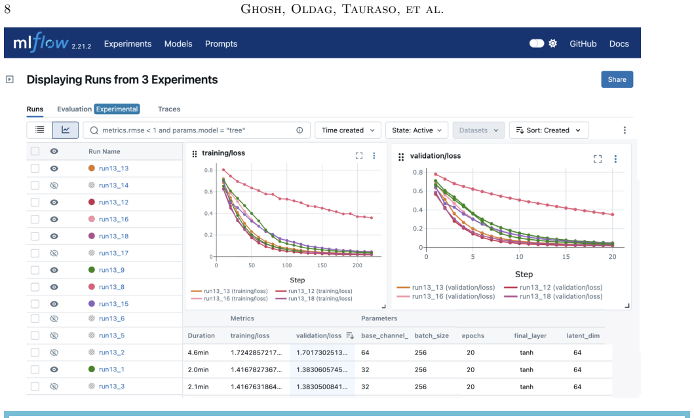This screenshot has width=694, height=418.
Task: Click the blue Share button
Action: point(617,80)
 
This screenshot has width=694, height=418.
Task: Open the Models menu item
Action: point(178,44)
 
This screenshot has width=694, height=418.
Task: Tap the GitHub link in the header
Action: point(583,44)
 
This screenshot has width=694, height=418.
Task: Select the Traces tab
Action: point(169,109)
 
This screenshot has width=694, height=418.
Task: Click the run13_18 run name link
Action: point(113,237)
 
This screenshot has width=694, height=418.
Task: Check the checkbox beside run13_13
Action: point(35,168)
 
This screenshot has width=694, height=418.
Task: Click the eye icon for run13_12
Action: point(54,202)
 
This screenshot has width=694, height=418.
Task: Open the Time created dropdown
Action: point(348,130)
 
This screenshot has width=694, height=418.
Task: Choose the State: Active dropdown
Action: point(417,130)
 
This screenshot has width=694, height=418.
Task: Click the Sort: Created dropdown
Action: point(549,130)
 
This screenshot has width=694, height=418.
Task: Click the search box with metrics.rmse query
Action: point(197,130)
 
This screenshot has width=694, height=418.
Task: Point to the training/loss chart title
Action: point(223,153)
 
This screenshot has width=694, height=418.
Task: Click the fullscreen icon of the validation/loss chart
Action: point(598,159)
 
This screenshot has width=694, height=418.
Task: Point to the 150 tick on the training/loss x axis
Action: point(322,265)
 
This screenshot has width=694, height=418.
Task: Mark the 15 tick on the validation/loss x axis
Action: point(566,257)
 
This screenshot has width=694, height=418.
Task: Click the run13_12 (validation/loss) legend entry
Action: point(553,288)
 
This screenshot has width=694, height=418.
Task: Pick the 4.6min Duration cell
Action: point(198,352)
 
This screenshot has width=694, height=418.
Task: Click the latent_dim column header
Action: point(583,335)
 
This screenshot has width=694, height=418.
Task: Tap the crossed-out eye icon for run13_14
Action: point(54,185)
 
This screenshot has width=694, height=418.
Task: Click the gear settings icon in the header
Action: point(553,43)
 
